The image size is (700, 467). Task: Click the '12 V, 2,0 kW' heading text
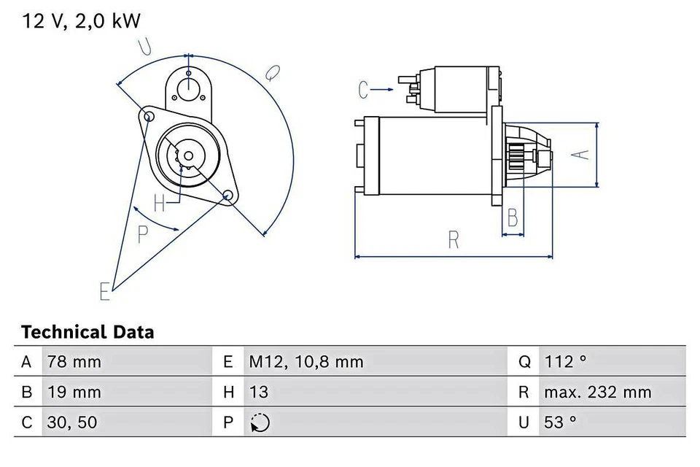pyautogui.click(x=81, y=21)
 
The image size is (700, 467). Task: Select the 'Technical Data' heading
pyautogui.click(x=87, y=333)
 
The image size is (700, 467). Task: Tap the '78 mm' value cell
pyautogui.click(x=74, y=362)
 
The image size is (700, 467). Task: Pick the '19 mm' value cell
pyautogui.click(x=74, y=393)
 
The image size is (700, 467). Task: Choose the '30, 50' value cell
pyautogui.click(x=72, y=422)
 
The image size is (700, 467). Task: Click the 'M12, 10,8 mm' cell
pyautogui.click(x=306, y=362)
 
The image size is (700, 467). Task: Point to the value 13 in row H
pyautogui.click(x=259, y=393)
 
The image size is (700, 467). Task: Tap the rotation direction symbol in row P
pyautogui.click(x=260, y=423)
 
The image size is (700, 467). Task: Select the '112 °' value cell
pyautogui.click(x=566, y=362)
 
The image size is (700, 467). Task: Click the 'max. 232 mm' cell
pyautogui.click(x=597, y=393)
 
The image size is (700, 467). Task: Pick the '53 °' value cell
pyautogui.click(x=560, y=422)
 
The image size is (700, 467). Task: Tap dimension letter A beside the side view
pyautogui.click(x=578, y=155)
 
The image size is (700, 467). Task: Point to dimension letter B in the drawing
pyautogui.click(x=513, y=217)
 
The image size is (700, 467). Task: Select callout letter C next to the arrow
pyautogui.click(x=365, y=90)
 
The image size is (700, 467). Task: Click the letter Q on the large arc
pyautogui.click(x=272, y=73)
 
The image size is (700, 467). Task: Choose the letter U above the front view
pyautogui.click(x=145, y=47)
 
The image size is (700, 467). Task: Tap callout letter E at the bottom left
pyautogui.click(x=106, y=291)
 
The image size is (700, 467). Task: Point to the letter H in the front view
pyautogui.click(x=160, y=204)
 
